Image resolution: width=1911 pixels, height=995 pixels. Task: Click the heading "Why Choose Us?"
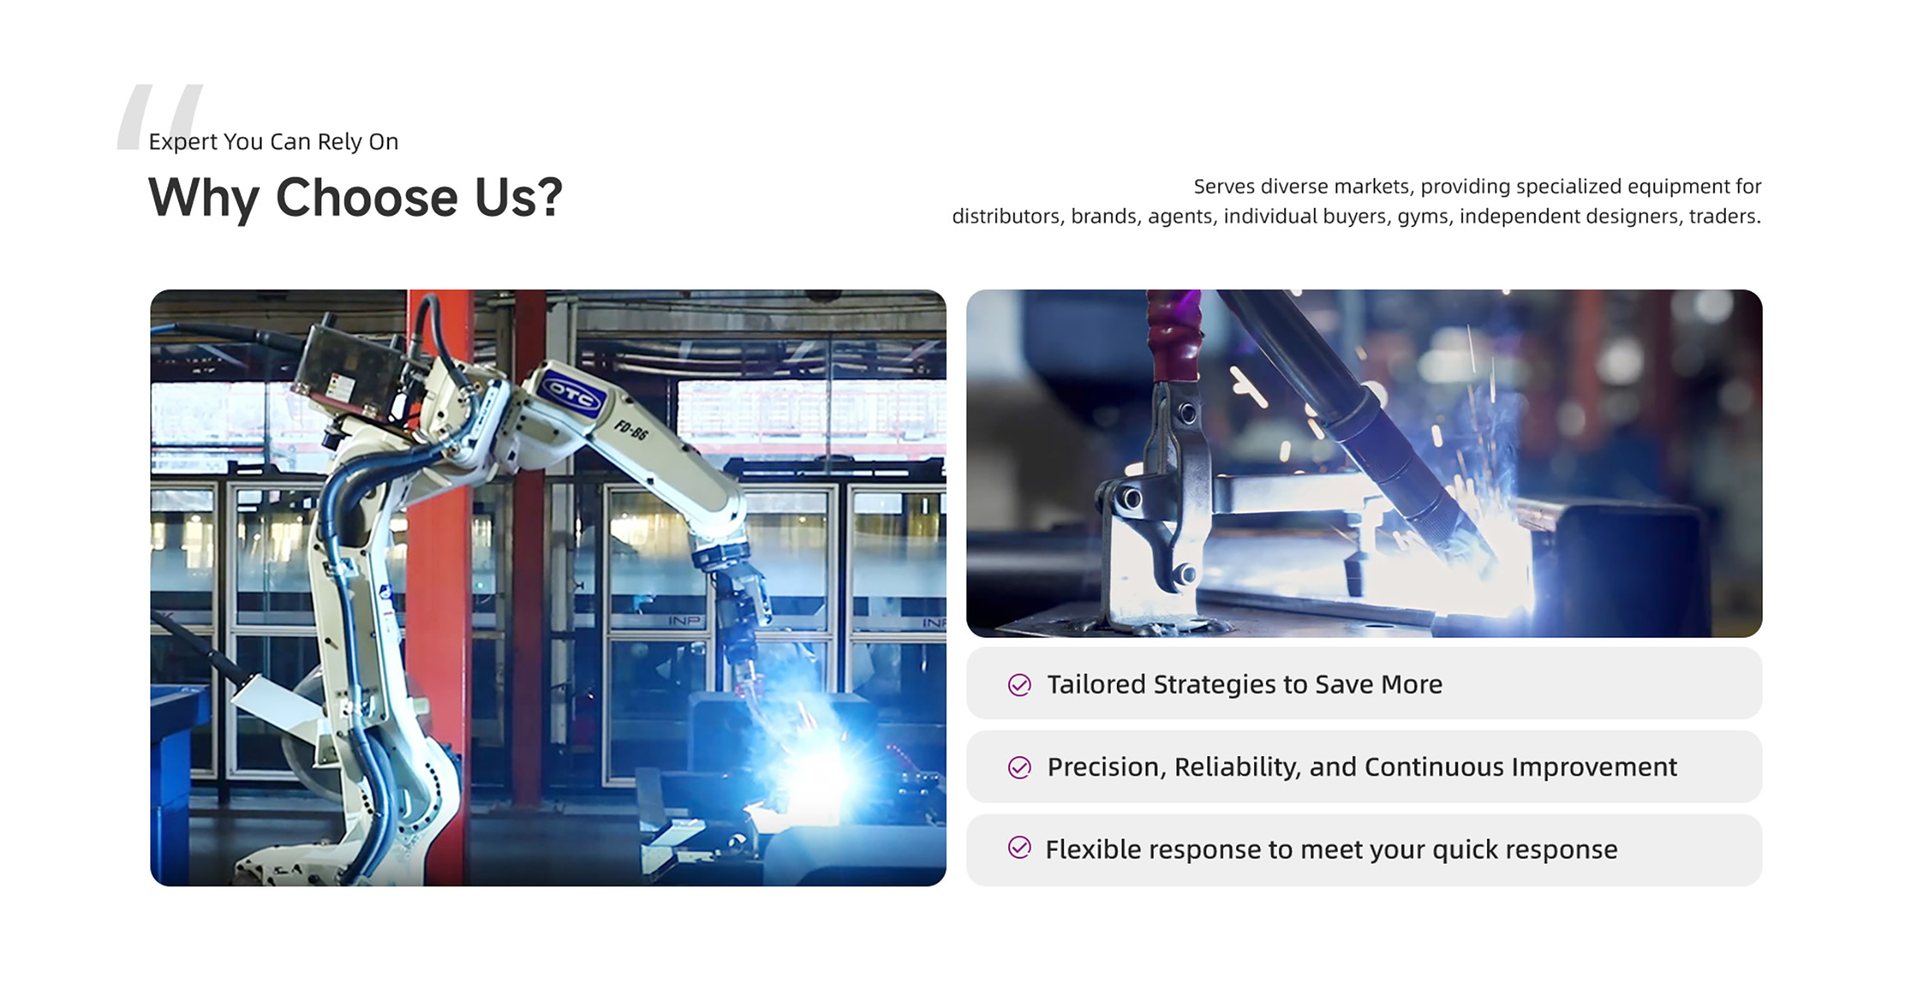click(355, 199)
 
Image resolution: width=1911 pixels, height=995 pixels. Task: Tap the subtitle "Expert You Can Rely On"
click(273, 142)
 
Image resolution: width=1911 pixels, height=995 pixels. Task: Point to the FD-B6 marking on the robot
click(631, 430)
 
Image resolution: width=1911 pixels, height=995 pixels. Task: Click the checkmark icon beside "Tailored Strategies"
click(1020, 684)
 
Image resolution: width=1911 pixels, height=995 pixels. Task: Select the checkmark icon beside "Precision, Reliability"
click(1020, 767)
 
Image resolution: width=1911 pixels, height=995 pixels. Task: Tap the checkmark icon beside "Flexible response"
click(1020, 848)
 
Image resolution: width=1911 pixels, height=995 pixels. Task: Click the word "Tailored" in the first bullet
click(1096, 684)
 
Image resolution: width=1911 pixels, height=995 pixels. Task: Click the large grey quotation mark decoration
click(159, 116)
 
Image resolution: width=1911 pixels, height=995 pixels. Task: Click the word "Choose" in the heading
click(367, 198)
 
